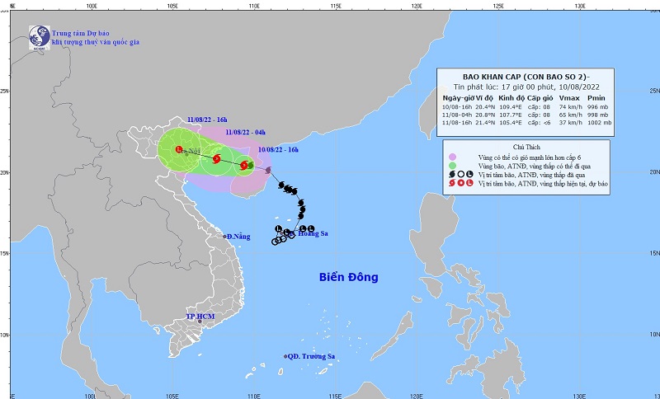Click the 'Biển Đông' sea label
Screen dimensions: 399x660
click(x=348, y=278)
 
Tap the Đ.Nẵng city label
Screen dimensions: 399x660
click(x=238, y=237)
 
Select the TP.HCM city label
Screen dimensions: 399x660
click(x=200, y=317)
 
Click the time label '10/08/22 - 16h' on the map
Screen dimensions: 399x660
click(x=280, y=149)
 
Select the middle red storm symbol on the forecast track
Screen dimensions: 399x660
click(x=216, y=159)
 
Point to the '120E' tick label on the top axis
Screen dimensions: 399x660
click(x=417, y=6)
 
